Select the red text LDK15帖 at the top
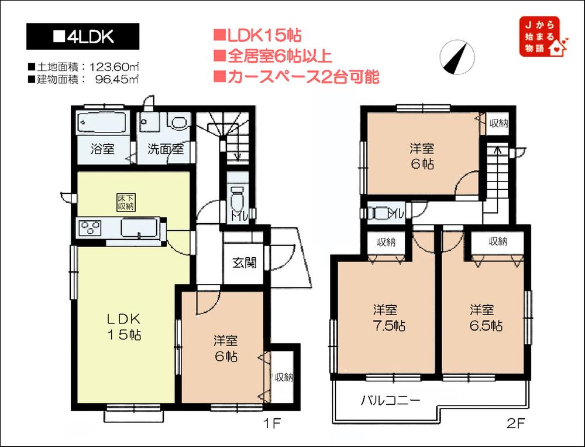click(x=257, y=36)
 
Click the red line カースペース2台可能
click(x=296, y=76)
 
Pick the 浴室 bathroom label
click(x=103, y=149)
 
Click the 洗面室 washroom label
click(x=166, y=149)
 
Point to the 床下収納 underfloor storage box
click(x=125, y=203)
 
